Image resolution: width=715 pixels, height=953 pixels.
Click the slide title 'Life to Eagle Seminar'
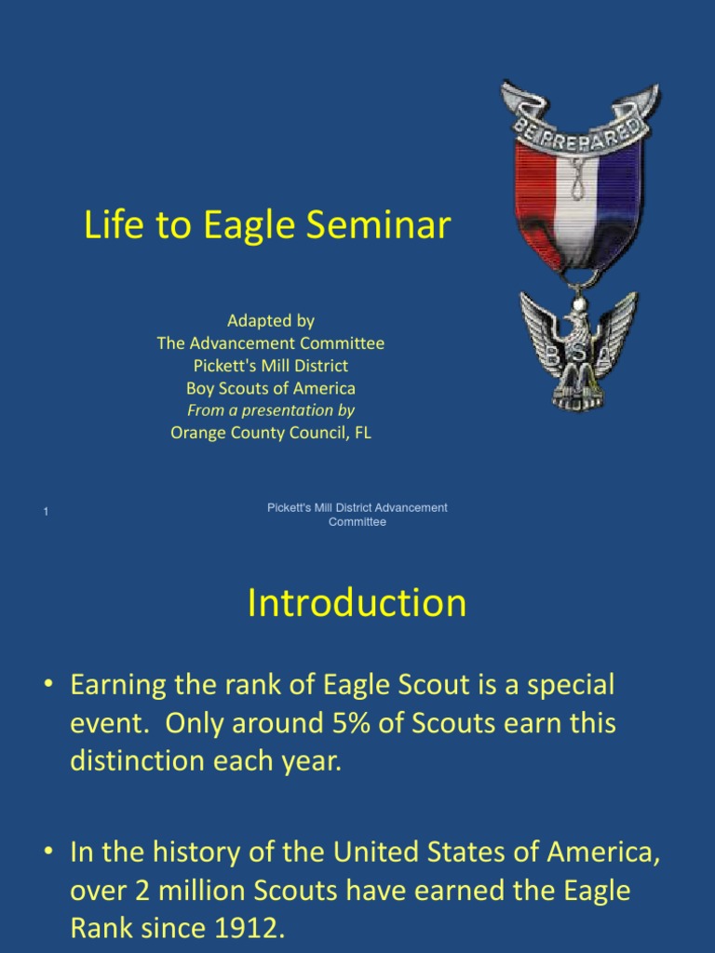point(267,226)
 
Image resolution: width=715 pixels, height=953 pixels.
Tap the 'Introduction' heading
point(357,603)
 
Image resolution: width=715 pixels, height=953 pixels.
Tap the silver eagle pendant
point(578,349)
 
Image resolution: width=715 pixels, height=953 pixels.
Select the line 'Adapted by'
point(271,321)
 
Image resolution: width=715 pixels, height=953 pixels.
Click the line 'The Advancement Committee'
point(271,343)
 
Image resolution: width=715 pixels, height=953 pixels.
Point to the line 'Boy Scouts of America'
point(271,388)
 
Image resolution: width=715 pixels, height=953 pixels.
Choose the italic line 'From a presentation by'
point(271,410)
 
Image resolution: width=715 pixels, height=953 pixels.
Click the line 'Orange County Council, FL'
point(271,433)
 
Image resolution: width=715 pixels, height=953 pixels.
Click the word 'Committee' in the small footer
point(357,522)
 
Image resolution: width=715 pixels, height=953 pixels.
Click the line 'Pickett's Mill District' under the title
point(271,366)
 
